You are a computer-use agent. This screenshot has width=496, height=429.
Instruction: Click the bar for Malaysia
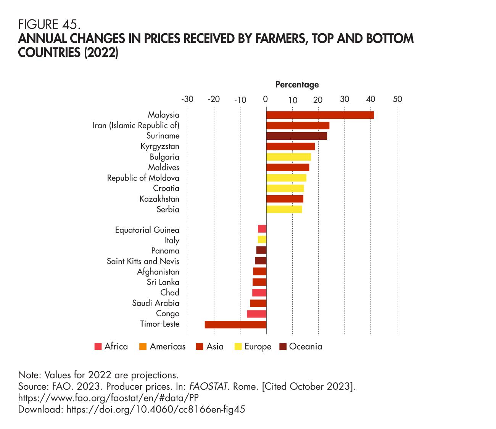(x=320, y=115)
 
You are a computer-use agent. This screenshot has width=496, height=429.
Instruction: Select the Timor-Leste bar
(x=235, y=324)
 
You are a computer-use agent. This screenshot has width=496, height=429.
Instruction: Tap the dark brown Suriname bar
(x=296, y=136)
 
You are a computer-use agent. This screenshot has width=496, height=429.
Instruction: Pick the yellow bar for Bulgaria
(x=288, y=157)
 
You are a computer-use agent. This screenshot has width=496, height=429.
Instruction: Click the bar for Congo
(x=256, y=314)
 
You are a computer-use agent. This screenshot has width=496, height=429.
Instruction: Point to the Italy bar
(x=262, y=240)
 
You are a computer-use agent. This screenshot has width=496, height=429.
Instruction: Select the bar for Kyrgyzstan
(x=290, y=146)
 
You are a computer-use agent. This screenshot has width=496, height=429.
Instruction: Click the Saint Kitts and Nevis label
(x=143, y=261)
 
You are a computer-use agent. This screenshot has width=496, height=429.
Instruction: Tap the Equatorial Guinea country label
(x=147, y=230)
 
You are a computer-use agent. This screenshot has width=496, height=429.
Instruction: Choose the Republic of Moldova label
(x=143, y=178)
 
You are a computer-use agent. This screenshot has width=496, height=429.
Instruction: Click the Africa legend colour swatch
(x=98, y=347)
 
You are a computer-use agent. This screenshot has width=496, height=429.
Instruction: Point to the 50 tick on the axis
(x=397, y=99)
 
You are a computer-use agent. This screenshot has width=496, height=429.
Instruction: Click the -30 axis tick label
(x=187, y=99)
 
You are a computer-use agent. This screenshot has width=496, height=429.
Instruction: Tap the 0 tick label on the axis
(x=266, y=99)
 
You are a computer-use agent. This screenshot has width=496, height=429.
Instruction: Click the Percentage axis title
(x=297, y=84)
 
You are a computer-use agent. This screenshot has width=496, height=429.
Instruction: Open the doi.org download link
(x=155, y=410)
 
